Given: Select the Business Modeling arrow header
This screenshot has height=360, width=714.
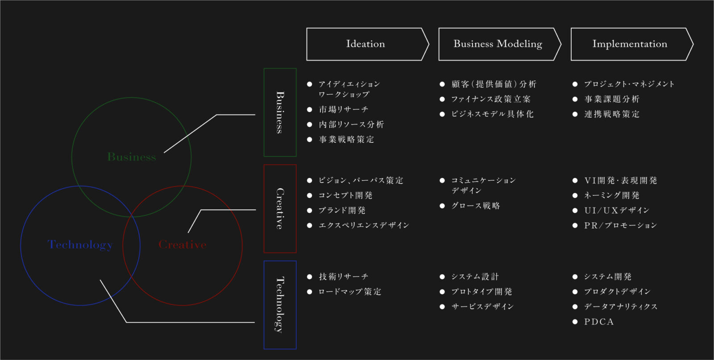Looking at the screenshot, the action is [x=499, y=44].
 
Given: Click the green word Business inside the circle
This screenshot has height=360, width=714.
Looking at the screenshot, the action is [x=132, y=157].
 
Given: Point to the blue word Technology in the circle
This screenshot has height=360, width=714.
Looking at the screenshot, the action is [x=80, y=245].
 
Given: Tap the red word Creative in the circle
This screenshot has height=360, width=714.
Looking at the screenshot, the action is [x=183, y=244].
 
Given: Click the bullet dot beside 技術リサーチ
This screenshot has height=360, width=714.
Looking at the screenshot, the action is [x=309, y=277].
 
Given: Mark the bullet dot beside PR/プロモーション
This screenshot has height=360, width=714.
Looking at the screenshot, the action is [x=575, y=226].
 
